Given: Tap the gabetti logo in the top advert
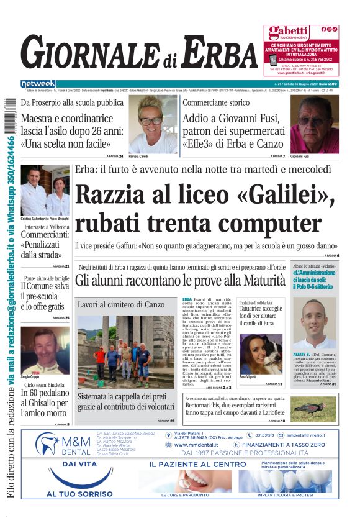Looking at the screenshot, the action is [x=289, y=31].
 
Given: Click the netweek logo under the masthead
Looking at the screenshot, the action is [x=38, y=84].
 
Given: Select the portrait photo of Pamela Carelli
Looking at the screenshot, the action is [x=153, y=124].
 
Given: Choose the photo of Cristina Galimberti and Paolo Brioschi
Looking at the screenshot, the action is [x=45, y=191].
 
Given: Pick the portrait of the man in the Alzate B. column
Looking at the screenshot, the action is [x=314, y=324].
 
